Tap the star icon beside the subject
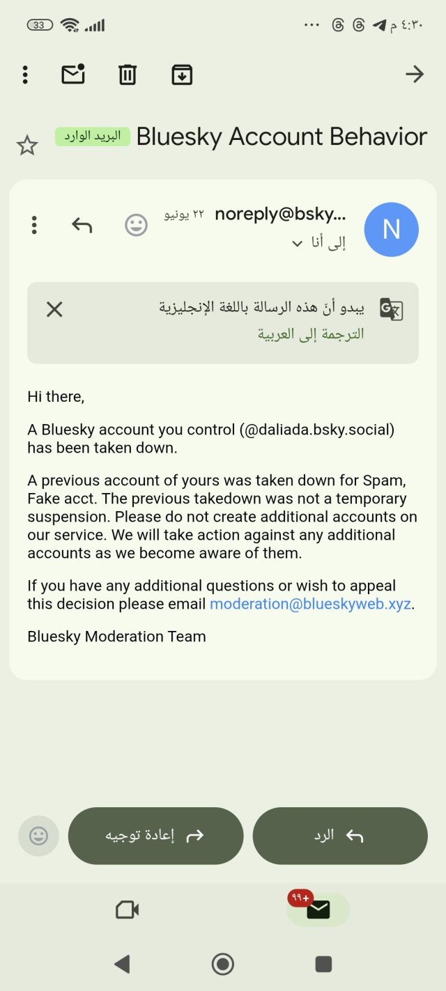[27, 146]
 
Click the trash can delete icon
[128, 75]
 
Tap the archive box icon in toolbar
[182, 75]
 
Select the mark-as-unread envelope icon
[73, 74]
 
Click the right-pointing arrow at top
[415, 74]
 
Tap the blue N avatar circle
[392, 230]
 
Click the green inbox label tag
[93, 136]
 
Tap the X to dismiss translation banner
[54, 309]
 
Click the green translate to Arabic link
[311, 334]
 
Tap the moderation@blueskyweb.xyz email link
[310, 604]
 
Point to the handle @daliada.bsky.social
[317, 430]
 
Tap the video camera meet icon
[128, 910]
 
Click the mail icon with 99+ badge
[318, 909]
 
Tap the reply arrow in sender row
[82, 225]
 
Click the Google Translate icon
[391, 309]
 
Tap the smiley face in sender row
[136, 225]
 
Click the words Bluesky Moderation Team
[116, 636]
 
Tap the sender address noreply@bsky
[280, 214]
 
